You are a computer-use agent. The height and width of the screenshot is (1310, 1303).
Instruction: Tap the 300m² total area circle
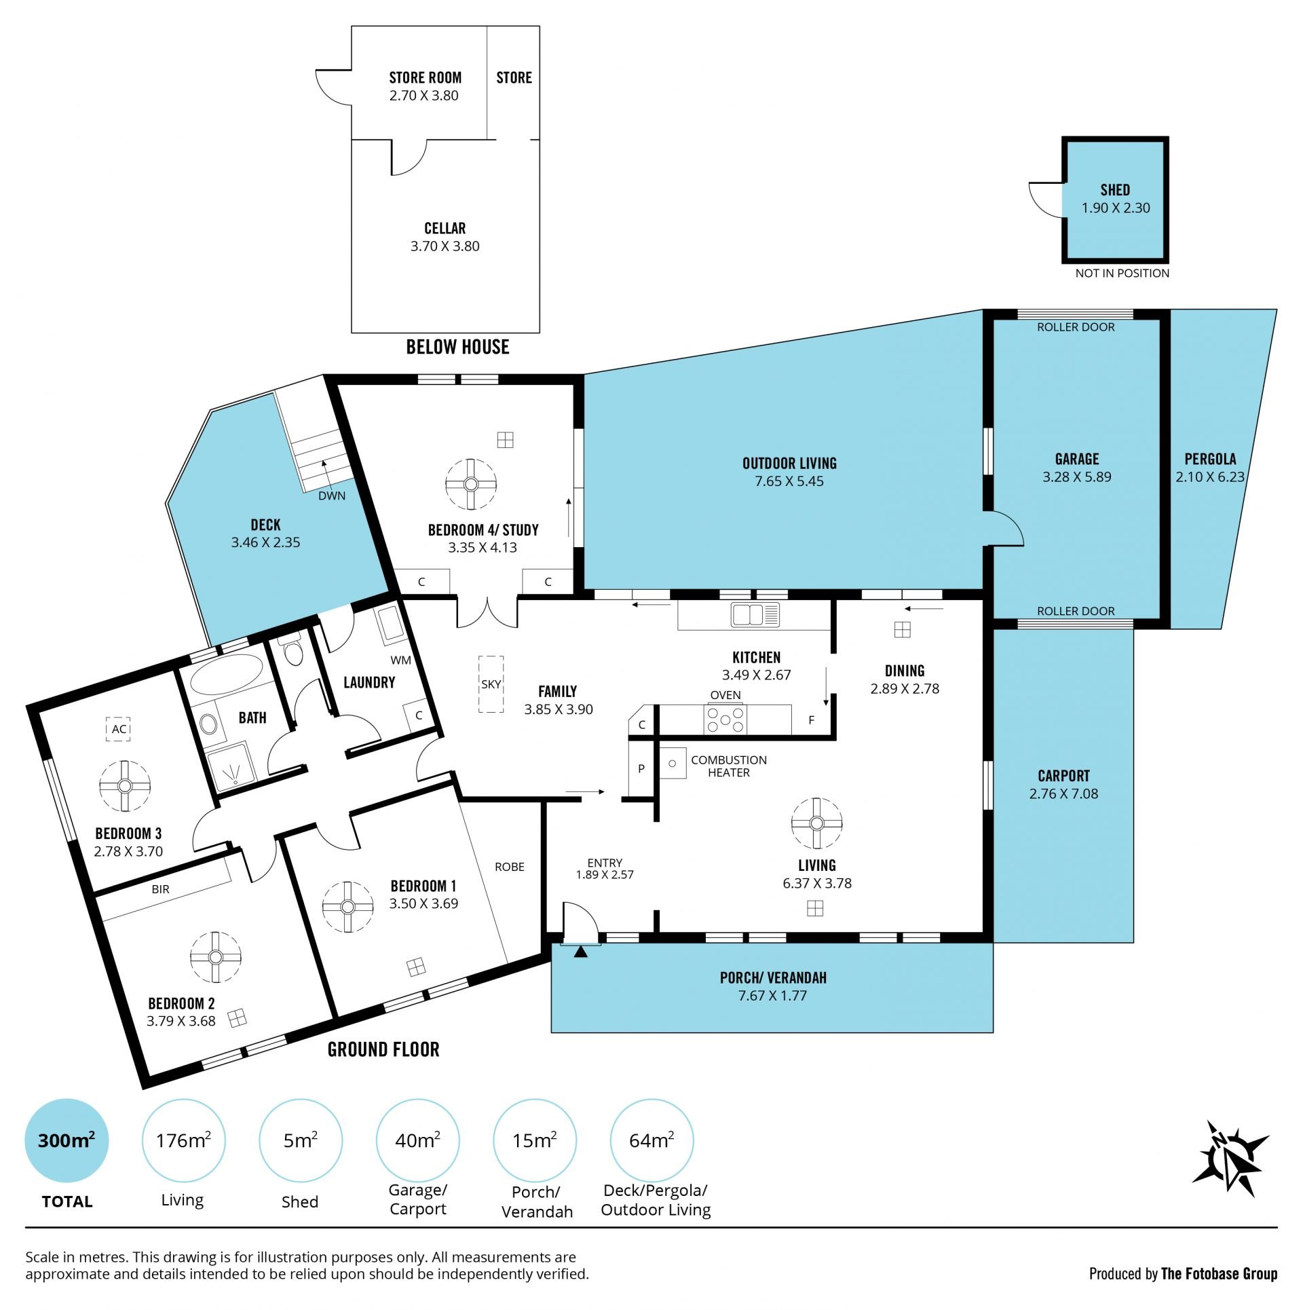67,1140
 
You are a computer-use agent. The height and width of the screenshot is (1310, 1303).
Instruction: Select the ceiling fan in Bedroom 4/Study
471,484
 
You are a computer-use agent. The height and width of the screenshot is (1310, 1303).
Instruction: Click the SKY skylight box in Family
491,684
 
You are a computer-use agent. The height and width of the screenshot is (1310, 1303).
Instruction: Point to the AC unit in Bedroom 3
119,729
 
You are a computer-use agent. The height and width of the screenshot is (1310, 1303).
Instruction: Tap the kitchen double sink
755,615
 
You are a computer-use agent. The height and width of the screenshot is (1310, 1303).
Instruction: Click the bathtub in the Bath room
226,674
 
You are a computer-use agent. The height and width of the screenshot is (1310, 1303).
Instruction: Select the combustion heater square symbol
673,763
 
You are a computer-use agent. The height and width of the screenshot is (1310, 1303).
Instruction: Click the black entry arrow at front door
580,952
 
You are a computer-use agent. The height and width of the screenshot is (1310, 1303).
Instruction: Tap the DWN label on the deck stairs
332,495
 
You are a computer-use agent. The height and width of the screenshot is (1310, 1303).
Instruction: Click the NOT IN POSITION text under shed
1122,273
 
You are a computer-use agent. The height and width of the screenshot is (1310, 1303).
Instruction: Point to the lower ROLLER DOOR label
1076,611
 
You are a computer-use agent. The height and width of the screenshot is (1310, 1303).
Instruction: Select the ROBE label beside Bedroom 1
510,867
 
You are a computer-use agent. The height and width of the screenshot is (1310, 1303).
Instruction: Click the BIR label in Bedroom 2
161,889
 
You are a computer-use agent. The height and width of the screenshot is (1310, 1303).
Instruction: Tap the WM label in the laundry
400,660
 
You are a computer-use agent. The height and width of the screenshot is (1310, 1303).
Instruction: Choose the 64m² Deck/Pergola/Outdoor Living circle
651,1140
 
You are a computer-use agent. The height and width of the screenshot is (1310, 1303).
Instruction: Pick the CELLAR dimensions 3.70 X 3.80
445,246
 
